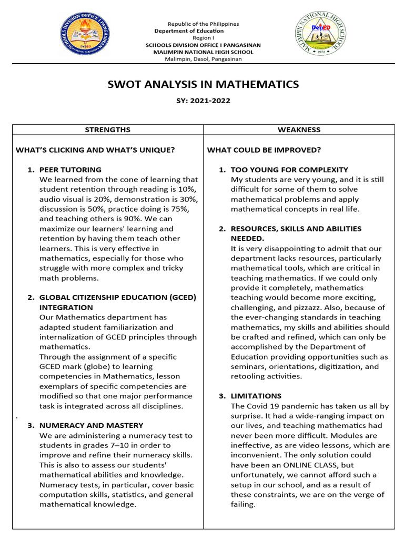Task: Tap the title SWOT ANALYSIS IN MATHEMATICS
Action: [x=203, y=84]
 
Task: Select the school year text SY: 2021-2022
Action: [x=203, y=101]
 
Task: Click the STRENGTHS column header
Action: [x=108, y=129]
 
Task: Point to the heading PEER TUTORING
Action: [x=70, y=169]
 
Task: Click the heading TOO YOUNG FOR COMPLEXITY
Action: [x=289, y=169]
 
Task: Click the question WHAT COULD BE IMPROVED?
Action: [x=264, y=150]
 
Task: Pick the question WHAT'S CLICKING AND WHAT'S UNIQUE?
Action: [x=95, y=150]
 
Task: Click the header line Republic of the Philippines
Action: [x=203, y=24]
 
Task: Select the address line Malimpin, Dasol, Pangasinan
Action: [x=203, y=59]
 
